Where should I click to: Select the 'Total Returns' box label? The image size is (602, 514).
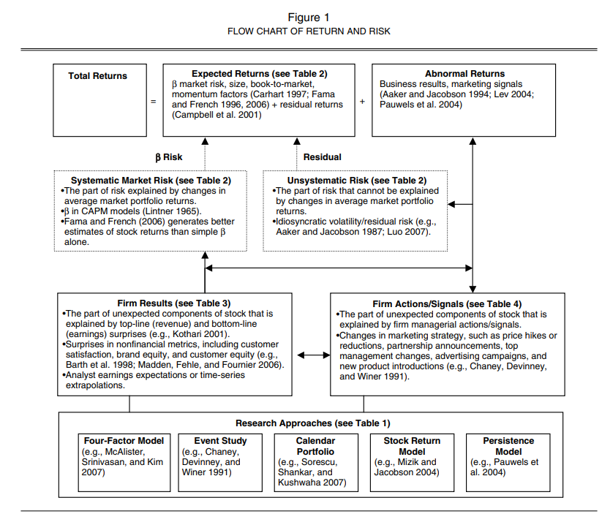point(97,76)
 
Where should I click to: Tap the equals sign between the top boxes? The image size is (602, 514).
point(153,102)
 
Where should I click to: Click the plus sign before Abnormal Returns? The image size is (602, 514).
point(362,102)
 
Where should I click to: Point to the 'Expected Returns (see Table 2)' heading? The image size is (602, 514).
point(259,74)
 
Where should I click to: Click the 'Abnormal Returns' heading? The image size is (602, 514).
point(464,74)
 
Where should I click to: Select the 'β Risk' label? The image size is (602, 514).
point(169,157)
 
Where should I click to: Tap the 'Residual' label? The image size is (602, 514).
point(322,157)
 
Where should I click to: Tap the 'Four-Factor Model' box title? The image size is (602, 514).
point(124,441)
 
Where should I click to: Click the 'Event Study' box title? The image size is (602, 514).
point(220,441)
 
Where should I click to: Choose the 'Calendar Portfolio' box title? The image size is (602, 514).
point(315,446)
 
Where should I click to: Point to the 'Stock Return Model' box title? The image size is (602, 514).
point(412,446)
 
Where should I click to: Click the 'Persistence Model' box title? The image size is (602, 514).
point(508,446)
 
